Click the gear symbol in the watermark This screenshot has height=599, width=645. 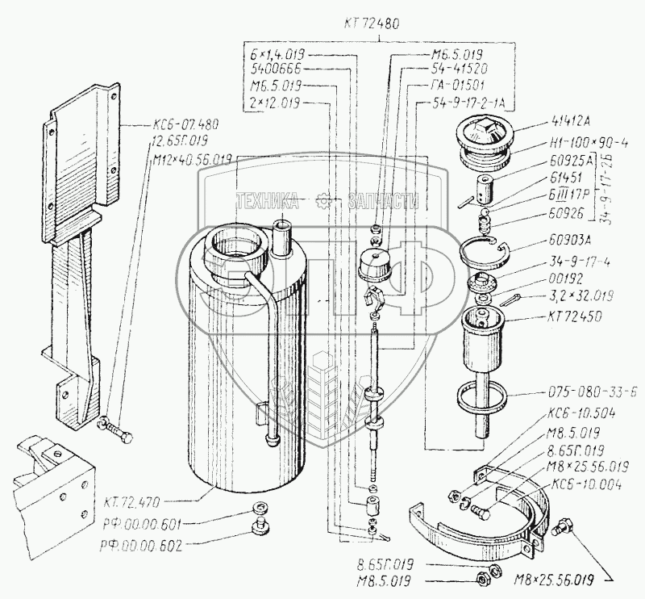click(x=323, y=199)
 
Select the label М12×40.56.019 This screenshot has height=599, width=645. click(x=190, y=160)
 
